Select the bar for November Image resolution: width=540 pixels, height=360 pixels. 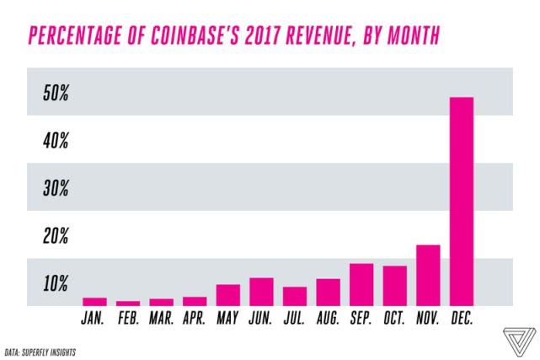click(x=429, y=275)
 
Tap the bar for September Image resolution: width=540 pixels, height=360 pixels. click(x=361, y=284)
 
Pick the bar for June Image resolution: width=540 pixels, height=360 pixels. click(x=261, y=291)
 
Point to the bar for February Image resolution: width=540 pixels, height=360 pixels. click(x=128, y=303)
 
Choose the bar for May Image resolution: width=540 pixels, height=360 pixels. click(x=228, y=294)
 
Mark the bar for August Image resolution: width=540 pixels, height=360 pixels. click(x=328, y=292)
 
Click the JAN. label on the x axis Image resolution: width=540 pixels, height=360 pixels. click(x=94, y=319)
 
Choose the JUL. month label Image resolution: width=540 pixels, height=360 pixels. click(x=294, y=319)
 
